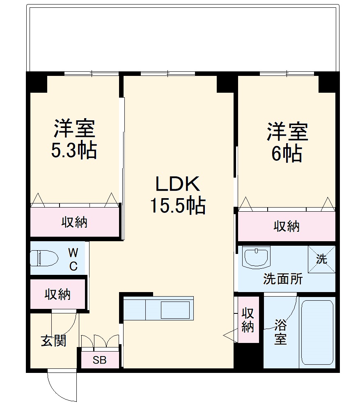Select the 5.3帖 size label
tap(74, 151)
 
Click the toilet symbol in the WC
tap(42, 258)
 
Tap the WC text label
tap(73, 259)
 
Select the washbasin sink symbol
tap(256, 257)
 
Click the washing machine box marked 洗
tap(322, 259)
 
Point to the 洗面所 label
tap(283, 279)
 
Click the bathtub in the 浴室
tap(317, 332)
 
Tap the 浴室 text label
tap(280, 333)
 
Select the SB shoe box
tap(99, 360)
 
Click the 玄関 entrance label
tap(53, 340)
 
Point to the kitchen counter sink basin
tap(175, 310)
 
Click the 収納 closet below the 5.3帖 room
tap(74, 222)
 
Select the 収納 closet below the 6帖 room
tap(287, 226)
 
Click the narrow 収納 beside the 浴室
tap(248, 320)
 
